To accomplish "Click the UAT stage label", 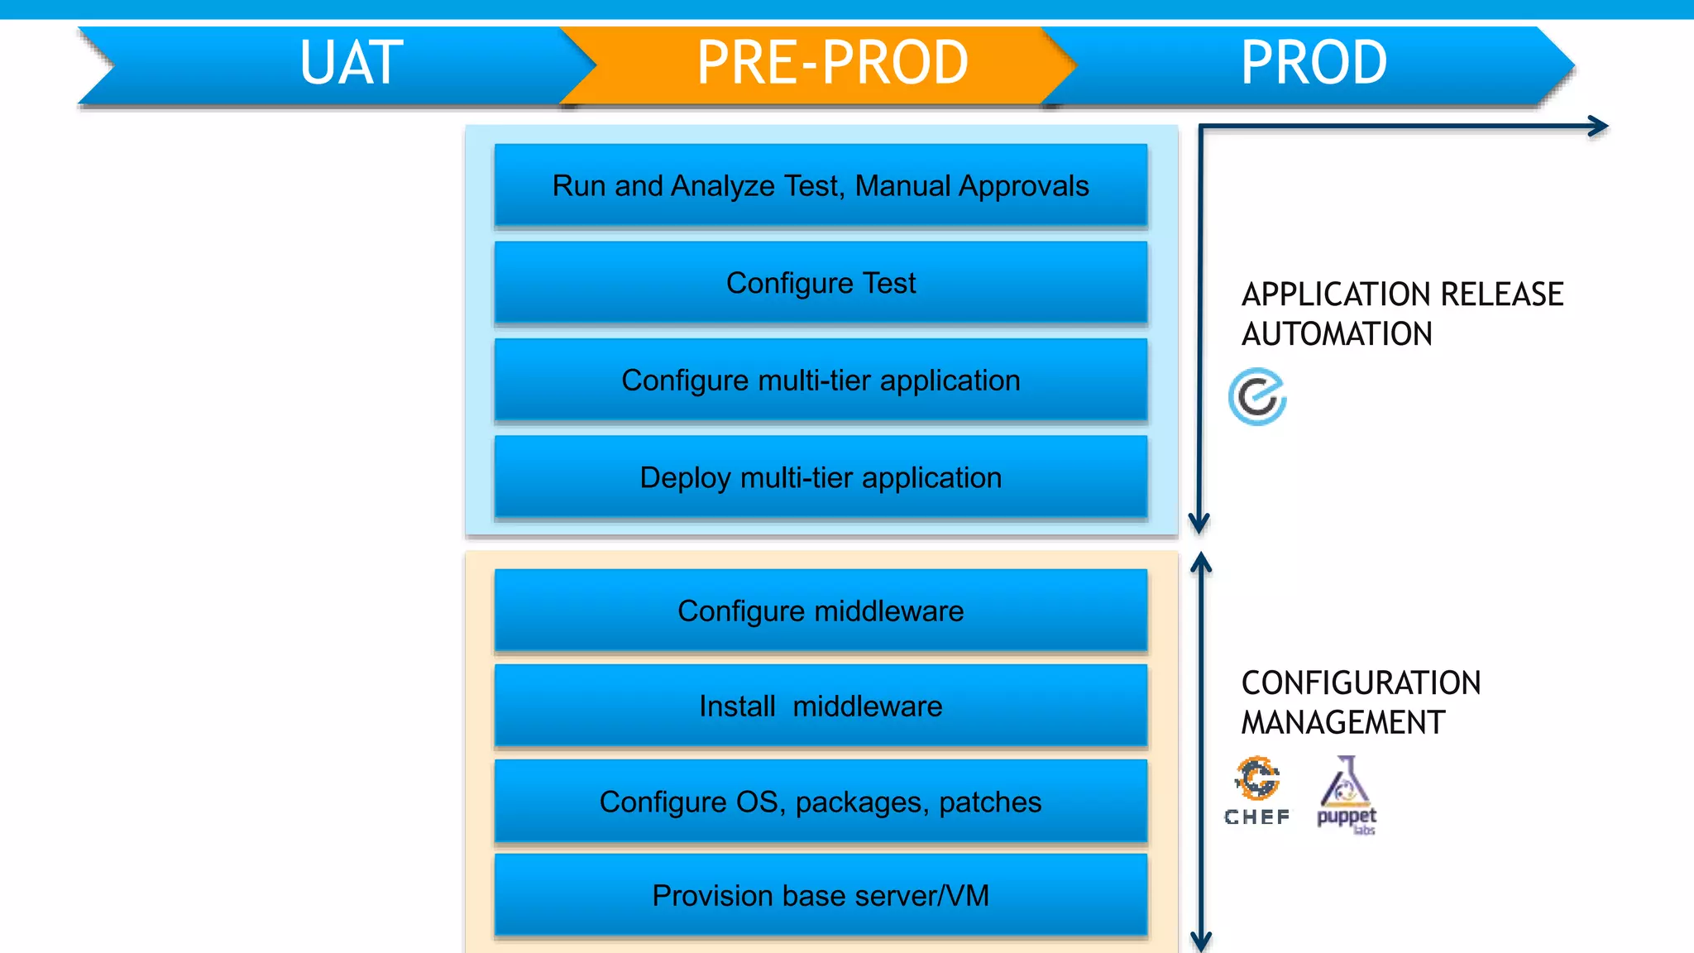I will pos(352,63).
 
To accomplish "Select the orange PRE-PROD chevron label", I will pos(832,63).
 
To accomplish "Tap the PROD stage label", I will pos(1314,63).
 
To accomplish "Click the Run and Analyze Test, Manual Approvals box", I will pos(821,186).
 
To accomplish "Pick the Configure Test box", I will pos(821,283).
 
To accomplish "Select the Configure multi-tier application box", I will pos(821,381).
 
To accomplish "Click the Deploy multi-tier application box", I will pos(821,477).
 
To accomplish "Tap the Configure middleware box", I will pos(821,611).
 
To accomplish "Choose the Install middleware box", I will pos(821,706).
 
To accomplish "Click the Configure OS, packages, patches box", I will pos(821,802).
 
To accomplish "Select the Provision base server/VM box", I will pos(821,895).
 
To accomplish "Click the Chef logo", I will pos(1257,790).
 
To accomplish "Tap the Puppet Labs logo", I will pos(1347,794).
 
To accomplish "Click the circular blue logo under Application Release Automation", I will pos(1257,397).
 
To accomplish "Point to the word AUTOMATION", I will pos(1337,334).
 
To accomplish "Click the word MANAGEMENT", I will pos(1342,723).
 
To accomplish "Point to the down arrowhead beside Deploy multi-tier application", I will pos(1199,523).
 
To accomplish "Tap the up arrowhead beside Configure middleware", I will pos(1201,564).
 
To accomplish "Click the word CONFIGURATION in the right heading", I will pos(1361,683).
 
